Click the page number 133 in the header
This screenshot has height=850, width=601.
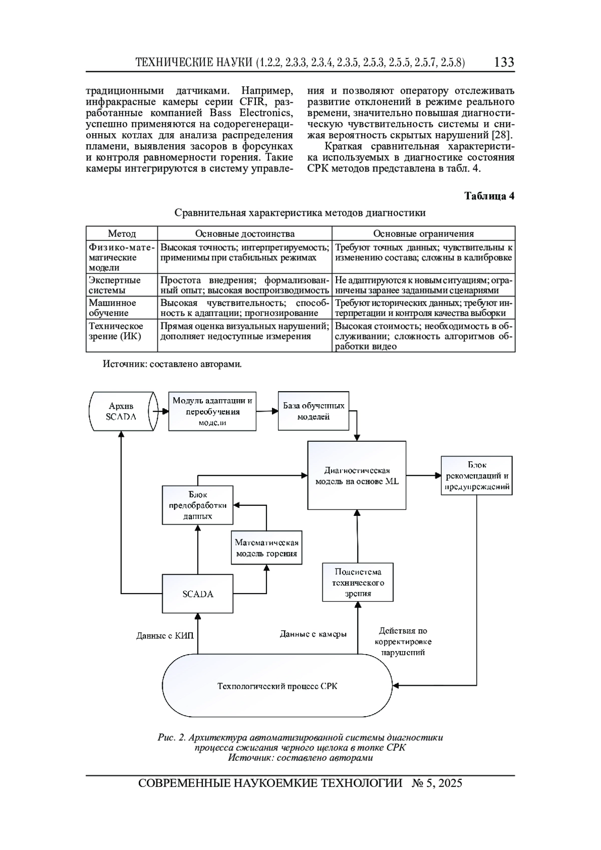pos(504,62)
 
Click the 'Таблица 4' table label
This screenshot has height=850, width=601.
pos(489,196)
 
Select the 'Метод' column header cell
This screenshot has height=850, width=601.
pos(122,233)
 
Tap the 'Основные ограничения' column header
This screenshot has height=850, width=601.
pos(423,233)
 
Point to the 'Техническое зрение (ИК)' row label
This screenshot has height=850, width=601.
pos(116,331)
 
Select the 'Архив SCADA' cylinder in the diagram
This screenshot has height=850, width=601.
pos(123,411)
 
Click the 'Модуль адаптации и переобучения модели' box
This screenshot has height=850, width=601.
pos(212,411)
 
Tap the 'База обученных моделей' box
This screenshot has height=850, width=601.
pos(314,411)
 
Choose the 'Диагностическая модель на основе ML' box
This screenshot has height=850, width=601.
pos(357,475)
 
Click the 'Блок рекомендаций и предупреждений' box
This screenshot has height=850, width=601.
pos(477,475)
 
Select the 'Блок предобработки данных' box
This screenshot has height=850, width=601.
pos(197,505)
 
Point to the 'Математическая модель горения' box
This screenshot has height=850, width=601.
pos(266,547)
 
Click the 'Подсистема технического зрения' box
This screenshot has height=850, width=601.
pos(358,582)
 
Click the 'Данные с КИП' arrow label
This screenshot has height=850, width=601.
pos(165,636)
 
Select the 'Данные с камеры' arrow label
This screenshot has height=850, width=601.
pos(313,634)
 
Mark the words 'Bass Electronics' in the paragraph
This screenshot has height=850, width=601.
pos(251,113)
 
